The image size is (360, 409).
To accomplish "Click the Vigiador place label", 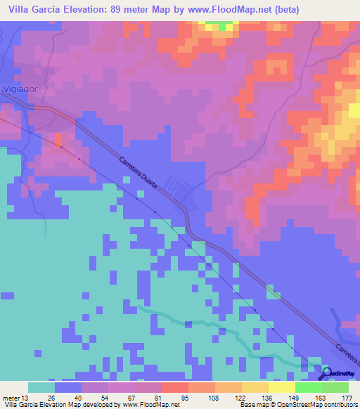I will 18,91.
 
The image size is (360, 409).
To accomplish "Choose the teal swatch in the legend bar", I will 41,387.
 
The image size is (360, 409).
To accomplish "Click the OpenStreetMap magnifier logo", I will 326,372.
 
